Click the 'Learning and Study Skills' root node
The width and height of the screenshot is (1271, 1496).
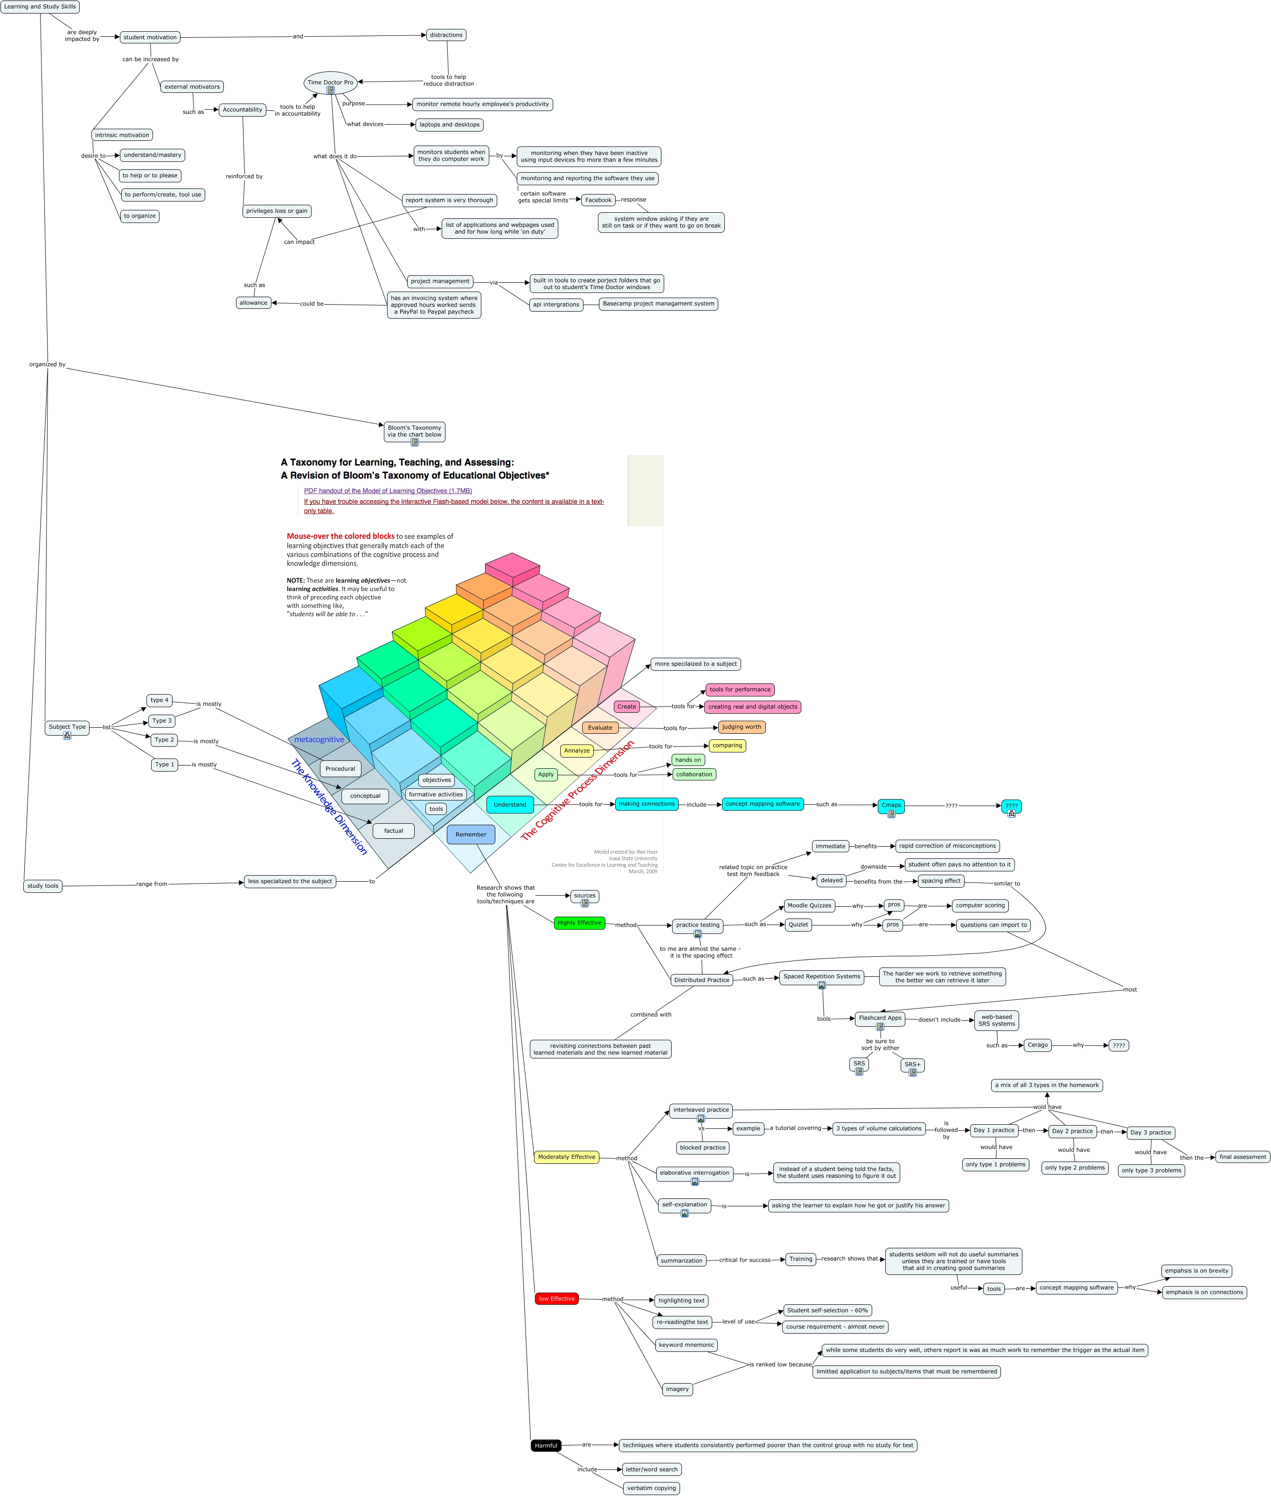point(40,7)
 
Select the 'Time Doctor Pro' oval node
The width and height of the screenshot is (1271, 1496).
point(330,82)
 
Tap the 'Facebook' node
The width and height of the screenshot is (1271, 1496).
point(598,200)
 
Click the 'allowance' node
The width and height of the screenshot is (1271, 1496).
point(254,303)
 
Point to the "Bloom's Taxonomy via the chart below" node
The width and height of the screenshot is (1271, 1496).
point(414,431)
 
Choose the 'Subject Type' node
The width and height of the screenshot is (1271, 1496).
point(67,727)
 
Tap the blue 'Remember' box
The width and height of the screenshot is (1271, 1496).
point(471,835)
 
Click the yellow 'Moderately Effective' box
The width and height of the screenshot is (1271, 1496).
point(566,1157)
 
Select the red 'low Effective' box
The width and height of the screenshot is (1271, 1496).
point(556,1299)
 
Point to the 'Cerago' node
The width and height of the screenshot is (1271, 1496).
point(1037,1045)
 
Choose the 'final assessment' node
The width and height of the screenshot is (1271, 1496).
point(1242,1157)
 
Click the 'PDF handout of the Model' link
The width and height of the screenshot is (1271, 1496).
point(388,491)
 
